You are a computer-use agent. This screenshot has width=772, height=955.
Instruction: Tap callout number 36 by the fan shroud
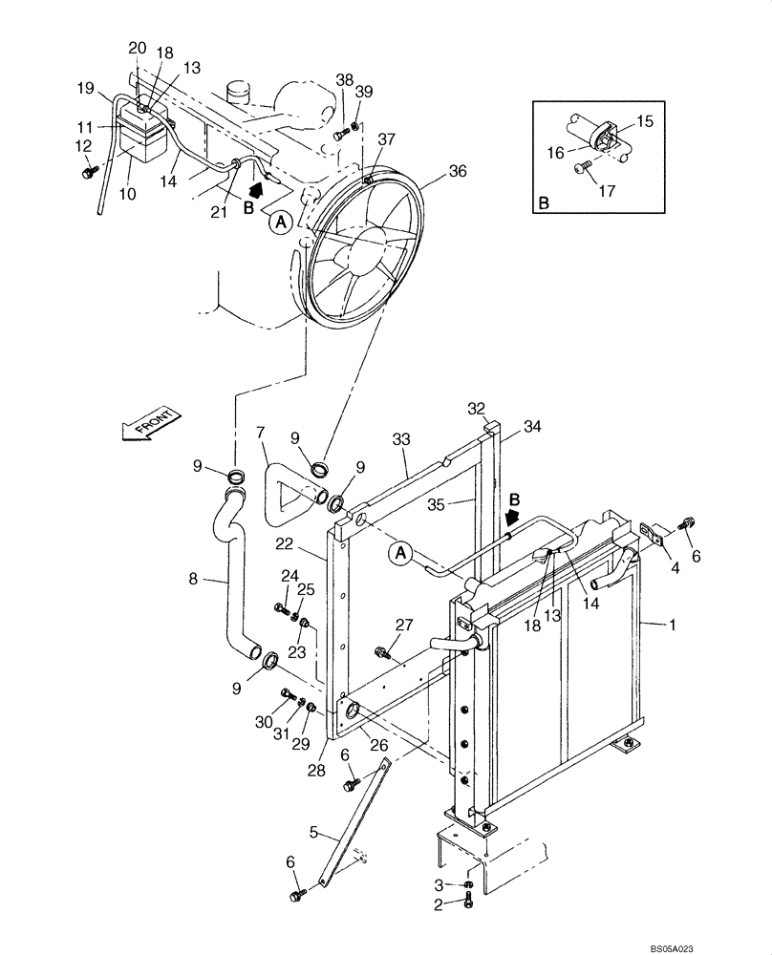click(x=459, y=172)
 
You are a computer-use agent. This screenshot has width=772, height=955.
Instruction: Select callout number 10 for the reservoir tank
click(x=127, y=193)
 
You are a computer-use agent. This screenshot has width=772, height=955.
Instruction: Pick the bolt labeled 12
click(x=89, y=172)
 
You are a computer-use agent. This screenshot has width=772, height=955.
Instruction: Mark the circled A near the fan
click(x=280, y=222)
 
